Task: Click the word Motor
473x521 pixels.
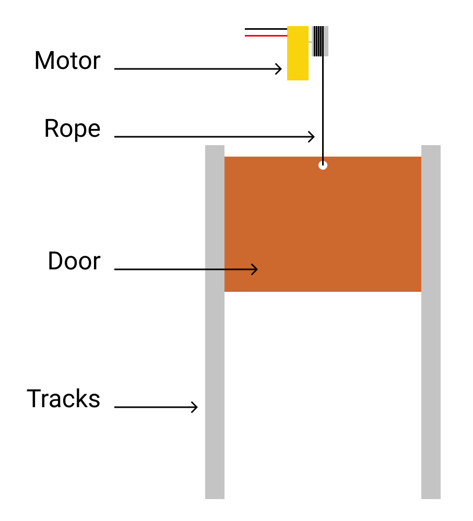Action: (x=67, y=61)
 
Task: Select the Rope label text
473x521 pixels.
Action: (x=72, y=128)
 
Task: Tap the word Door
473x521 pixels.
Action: (x=74, y=261)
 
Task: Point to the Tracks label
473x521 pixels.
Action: (x=63, y=399)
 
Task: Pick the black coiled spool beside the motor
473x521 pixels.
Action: (x=318, y=41)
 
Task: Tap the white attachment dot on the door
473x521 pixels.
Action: (x=323, y=165)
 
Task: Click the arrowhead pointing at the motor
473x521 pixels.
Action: (x=279, y=69)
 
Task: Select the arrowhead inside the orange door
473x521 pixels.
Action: (x=255, y=269)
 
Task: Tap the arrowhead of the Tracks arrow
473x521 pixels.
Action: (x=195, y=407)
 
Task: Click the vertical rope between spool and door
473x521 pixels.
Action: (x=323, y=104)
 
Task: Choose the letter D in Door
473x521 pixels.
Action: (x=55, y=261)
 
